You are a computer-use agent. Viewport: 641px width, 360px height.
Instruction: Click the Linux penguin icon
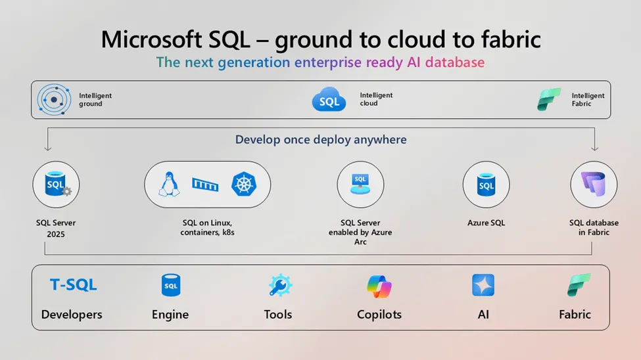point(169,185)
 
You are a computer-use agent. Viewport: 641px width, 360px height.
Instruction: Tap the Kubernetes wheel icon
point(244,184)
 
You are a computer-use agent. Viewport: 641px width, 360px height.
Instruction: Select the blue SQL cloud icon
point(329,99)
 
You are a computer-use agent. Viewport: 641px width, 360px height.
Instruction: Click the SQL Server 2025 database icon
point(58,184)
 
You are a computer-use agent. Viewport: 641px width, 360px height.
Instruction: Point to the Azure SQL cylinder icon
point(486,185)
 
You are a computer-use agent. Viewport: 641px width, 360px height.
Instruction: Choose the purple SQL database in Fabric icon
point(594,185)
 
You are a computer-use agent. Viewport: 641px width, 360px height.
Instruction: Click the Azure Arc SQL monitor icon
point(360,184)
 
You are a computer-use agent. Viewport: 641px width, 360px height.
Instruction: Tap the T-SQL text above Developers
point(73,284)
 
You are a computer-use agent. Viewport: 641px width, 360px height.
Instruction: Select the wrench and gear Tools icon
point(280,285)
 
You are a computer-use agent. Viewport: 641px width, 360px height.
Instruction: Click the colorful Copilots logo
point(379,286)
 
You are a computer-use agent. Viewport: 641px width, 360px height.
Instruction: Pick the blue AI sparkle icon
point(483,285)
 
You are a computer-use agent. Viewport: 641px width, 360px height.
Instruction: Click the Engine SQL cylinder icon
point(171,285)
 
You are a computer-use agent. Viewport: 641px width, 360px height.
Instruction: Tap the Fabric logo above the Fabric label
point(579,285)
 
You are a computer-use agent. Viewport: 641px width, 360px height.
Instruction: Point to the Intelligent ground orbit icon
point(54,99)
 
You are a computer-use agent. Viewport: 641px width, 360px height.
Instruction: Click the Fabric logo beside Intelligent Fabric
point(549,99)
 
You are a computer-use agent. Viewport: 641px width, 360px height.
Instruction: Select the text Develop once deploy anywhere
point(321,139)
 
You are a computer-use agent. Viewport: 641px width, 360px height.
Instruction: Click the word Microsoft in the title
point(152,39)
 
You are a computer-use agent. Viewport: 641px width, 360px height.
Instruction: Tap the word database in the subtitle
point(455,62)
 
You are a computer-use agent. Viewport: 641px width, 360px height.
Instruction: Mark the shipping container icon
point(205,185)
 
